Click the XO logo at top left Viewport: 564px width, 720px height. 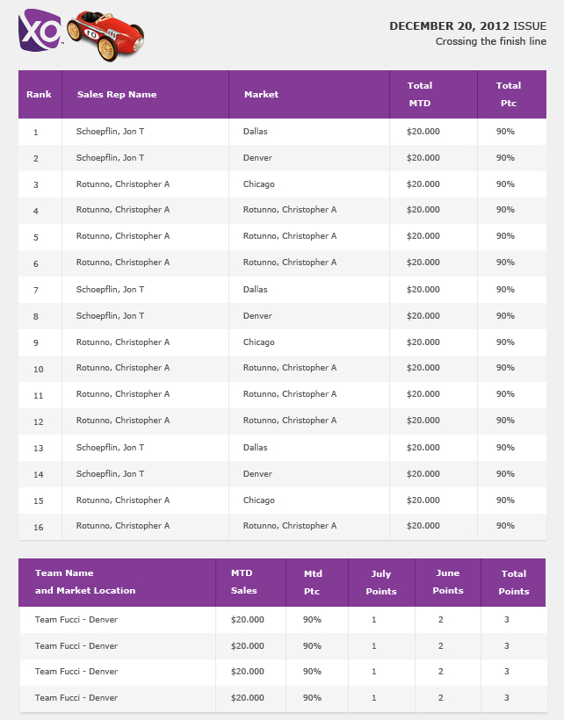click(x=40, y=32)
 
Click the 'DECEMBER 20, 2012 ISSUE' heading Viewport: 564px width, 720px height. click(x=467, y=25)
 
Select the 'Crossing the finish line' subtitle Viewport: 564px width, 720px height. click(x=490, y=41)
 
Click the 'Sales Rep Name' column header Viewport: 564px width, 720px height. click(x=117, y=94)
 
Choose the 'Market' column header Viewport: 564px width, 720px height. click(x=261, y=94)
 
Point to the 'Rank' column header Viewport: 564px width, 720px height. click(x=39, y=94)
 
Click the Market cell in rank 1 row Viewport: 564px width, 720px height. click(x=256, y=132)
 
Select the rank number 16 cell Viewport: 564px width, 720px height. click(x=38, y=527)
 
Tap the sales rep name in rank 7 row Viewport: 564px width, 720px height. click(x=111, y=290)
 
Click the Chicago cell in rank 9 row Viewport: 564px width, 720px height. click(x=259, y=342)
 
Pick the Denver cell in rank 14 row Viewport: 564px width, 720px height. click(x=257, y=474)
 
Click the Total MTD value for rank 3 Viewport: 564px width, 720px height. click(x=423, y=184)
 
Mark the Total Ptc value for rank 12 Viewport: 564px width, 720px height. click(x=505, y=421)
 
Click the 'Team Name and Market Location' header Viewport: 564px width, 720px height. click(x=85, y=582)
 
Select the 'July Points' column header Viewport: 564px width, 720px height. click(x=381, y=582)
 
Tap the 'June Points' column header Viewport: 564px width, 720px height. click(x=447, y=582)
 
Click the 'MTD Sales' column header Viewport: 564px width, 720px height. click(x=244, y=582)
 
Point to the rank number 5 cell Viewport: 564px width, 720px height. click(x=36, y=237)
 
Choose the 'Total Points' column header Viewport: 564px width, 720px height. click(x=514, y=582)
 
